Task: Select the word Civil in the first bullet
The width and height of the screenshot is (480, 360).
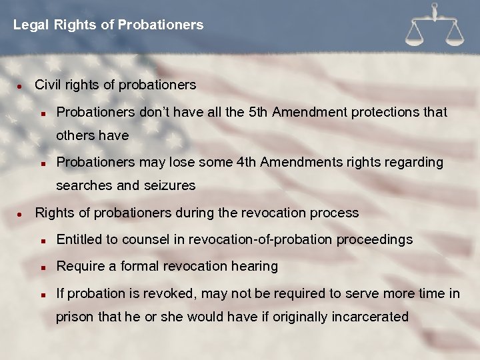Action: coord(48,85)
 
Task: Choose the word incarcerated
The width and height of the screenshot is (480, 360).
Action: coord(366,317)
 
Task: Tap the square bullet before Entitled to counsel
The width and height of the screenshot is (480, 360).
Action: coord(42,240)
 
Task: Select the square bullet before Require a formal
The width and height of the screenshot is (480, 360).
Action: coord(42,267)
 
